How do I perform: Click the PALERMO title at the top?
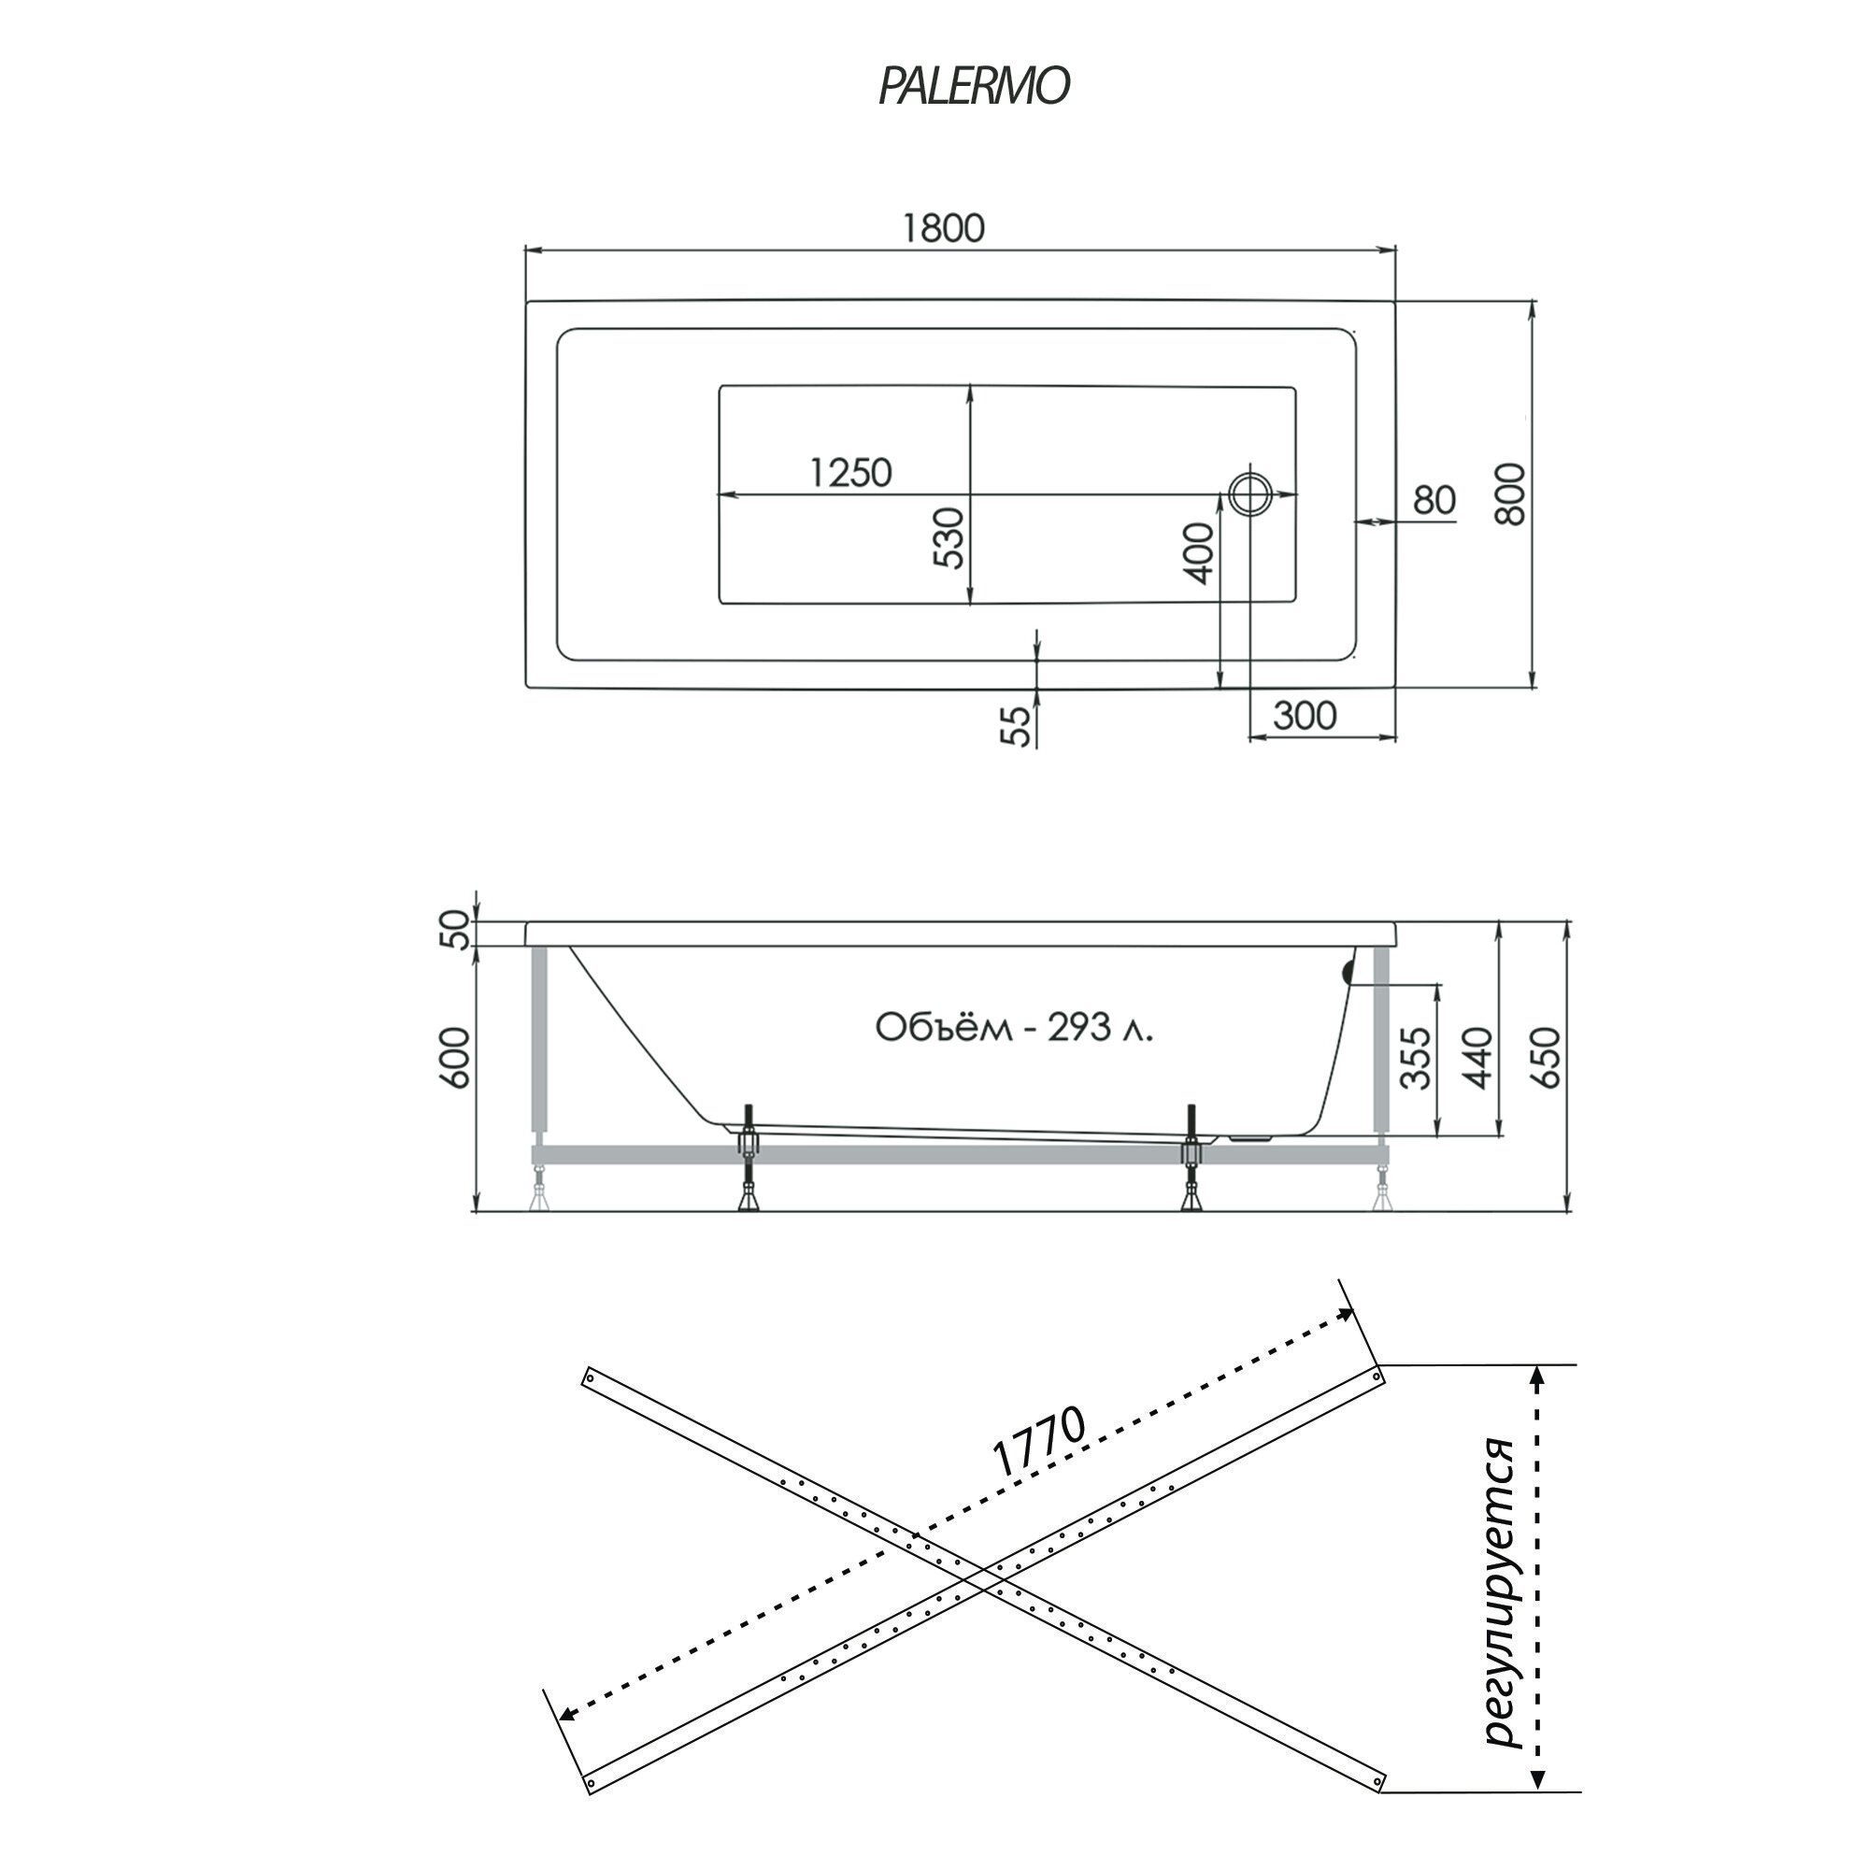click(973, 86)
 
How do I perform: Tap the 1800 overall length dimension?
click(943, 228)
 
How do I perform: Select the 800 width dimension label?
click(1510, 494)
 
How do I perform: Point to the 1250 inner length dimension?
click(850, 473)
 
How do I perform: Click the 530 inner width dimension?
click(950, 539)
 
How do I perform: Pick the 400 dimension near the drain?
click(1199, 552)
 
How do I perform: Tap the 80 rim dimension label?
click(1434, 500)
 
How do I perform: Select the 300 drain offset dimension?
click(1304, 716)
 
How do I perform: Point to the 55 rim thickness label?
click(1015, 726)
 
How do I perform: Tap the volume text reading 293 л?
click(1014, 1027)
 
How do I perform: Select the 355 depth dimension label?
click(1417, 1057)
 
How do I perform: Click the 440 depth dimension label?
click(1478, 1057)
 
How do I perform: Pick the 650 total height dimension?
click(1546, 1057)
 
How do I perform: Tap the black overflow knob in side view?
click(1347, 972)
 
